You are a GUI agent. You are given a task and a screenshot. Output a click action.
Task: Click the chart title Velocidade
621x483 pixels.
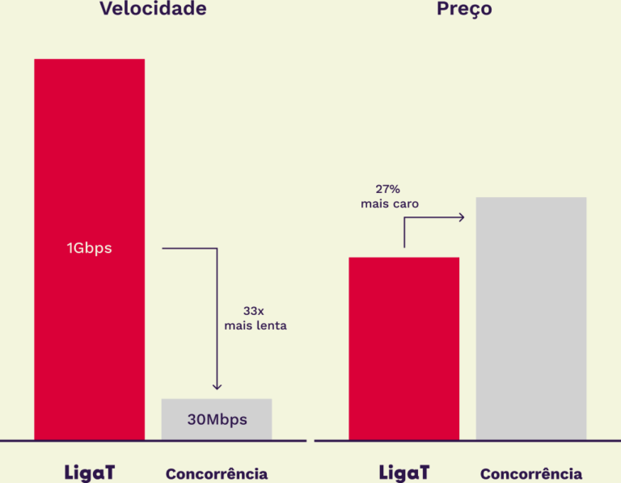point(153,9)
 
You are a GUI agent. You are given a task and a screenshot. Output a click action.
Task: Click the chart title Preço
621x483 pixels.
point(464,9)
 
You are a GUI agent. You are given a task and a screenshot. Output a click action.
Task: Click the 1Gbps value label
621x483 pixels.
point(89,248)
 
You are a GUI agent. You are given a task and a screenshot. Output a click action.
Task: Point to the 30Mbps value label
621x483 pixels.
point(217,420)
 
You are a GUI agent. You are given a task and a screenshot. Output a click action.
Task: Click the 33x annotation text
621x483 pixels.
point(255,310)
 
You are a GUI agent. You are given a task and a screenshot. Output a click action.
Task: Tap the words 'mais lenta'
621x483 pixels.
point(255,326)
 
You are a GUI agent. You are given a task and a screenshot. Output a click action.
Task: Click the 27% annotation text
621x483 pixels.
point(389,188)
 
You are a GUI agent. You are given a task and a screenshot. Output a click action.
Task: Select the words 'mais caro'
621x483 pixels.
point(389,204)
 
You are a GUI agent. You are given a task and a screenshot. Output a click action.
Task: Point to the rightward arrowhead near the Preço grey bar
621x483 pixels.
point(461,216)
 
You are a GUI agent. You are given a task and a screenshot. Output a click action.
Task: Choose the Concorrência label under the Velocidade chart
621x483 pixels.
point(217,474)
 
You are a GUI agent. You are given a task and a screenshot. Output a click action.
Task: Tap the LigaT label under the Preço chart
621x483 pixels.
point(403,472)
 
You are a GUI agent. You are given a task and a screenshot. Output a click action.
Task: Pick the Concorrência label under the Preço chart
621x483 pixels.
point(530,474)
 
